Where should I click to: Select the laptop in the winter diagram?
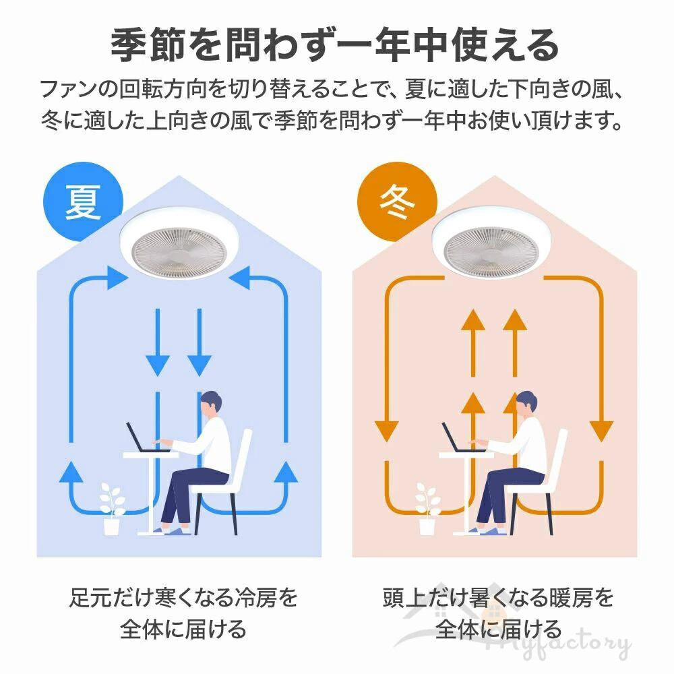pyautogui.click(x=456, y=439)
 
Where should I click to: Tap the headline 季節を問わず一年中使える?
pyautogui.click(x=335, y=46)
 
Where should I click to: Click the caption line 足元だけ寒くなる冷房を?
pyautogui.click(x=183, y=597)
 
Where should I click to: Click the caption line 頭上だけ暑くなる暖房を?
pyautogui.click(x=498, y=597)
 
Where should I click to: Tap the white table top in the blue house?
pyautogui.click(x=150, y=456)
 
